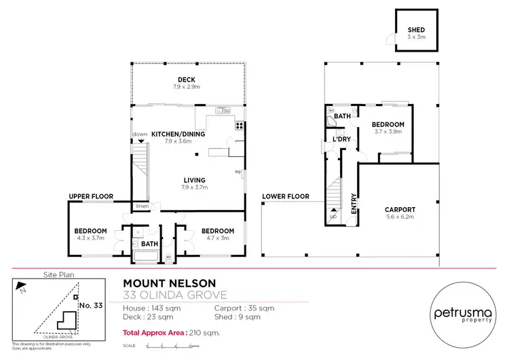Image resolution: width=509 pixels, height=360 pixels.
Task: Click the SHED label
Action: coord(416,31)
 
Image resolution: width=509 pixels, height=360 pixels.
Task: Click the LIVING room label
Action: coord(193,180)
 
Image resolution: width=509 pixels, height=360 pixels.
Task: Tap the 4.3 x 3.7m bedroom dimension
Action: coord(90,238)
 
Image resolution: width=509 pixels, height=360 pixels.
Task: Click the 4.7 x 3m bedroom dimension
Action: coord(217,238)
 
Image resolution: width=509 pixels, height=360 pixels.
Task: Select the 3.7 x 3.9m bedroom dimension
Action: coord(388,132)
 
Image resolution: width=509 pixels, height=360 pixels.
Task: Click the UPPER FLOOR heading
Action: coord(91,196)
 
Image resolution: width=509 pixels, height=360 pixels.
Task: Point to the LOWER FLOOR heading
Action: coord(285,196)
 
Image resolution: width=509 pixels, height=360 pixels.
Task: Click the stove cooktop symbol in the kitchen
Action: coord(239,126)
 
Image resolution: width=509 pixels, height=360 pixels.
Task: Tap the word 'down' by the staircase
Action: coord(140,134)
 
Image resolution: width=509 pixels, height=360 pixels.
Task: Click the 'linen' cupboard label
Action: coord(142,206)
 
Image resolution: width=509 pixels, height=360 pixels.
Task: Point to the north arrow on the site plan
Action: coord(22,288)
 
